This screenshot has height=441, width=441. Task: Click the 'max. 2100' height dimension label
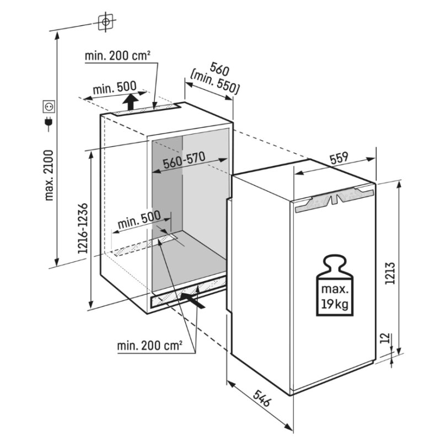tap(49, 175)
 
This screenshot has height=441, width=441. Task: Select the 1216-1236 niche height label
tap(83, 228)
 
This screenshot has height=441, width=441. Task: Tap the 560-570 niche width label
tap(184, 160)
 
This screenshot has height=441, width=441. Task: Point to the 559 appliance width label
tap(339, 158)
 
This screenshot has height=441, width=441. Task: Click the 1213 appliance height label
tap(390, 273)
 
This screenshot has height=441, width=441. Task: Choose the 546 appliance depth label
tap(261, 398)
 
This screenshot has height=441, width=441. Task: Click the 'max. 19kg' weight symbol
tap(335, 285)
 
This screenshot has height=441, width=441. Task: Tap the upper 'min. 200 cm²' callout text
tap(117, 56)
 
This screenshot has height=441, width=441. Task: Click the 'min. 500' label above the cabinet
tap(115, 88)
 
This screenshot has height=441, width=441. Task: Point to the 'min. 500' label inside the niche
tap(139, 220)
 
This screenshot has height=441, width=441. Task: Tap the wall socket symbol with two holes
tap(49, 106)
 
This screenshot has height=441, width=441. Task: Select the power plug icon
tap(49, 123)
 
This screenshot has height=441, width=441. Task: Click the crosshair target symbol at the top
tap(105, 21)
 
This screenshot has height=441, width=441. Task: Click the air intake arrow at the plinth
tap(192, 300)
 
